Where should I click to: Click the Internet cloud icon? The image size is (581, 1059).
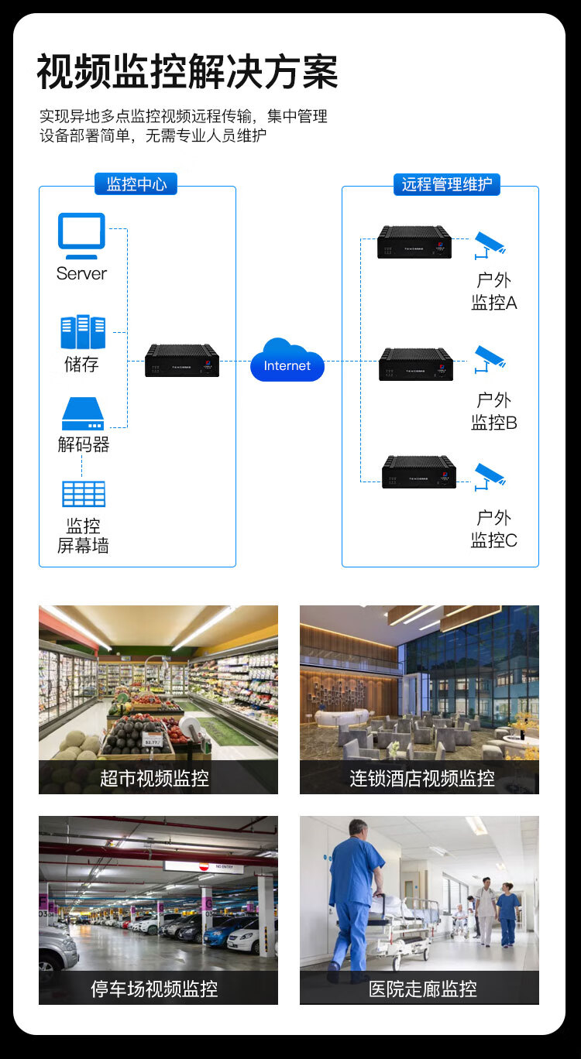click(x=287, y=361)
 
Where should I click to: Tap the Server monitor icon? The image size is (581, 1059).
click(x=81, y=235)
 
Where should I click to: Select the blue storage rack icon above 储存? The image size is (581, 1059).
click(x=83, y=332)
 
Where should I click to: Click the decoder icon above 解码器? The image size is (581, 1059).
click(x=83, y=414)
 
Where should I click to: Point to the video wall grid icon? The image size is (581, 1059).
click(x=83, y=494)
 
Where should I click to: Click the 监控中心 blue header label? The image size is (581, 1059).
click(x=136, y=183)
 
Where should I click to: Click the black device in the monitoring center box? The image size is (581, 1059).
click(x=182, y=361)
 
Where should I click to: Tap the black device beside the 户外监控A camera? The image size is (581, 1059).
click(x=414, y=242)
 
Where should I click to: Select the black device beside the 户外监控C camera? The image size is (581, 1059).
click(x=419, y=472)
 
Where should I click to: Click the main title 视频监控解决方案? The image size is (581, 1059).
click(x=187, y=73)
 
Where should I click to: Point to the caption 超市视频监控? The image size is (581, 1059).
click(x=154, y=777)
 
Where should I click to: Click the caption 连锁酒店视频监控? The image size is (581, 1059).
click(x=421, y=777)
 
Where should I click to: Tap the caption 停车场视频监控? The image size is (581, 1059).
click(x=154, y=989)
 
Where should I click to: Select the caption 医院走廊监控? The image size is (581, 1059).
click(x=422, y=989)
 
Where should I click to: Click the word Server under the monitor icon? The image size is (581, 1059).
click(x=81, y=273)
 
